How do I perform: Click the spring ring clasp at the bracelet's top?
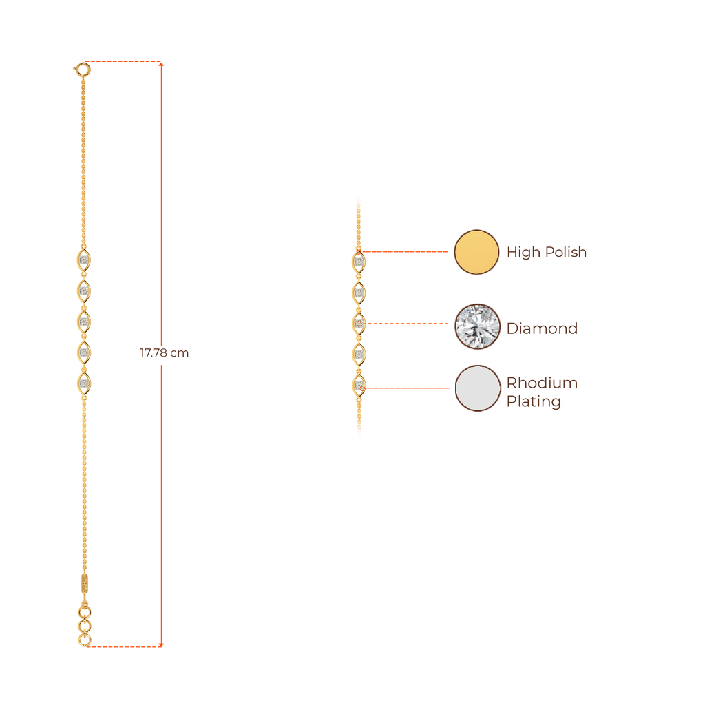pyautogui.click(x=83, y=68)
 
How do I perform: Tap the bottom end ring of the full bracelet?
pyautogui.click(x=85, y=641)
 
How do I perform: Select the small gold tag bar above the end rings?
pyautogui.click(x=84, y=583)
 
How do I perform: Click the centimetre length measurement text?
pyautogui.click(x=165, y=354)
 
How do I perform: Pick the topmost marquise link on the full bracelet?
pyautogui.click(x=84, y=261)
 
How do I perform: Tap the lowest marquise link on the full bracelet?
pyautogui.click(x=84, y=382)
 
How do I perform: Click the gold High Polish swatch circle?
pyautogui.click(x=476, y=252)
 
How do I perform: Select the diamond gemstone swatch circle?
pyautogui.click(x=476, y=326)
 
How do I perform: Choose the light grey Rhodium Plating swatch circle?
pyautogui.click(x=477, y=388)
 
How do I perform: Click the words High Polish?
pyautogui.click(x=547, y=253)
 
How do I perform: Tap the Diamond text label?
pyautogui.click(x=542, y=328)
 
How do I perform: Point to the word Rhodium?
pyautogui.click(x=542, y=383)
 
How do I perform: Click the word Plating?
pyautogui.click(x=534, y=401)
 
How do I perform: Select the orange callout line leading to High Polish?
pyautogui.click(x=406, y=252)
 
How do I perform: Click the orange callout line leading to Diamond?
pyautogui.click(x=406, y=323)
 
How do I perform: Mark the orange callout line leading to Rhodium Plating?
pyautogui.click(x=406, y=388)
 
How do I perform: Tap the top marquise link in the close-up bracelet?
pyautogui.click(x=359, y=262)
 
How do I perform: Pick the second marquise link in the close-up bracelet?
pyautogui.click(x=359, y=293)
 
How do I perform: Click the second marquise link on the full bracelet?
pyautogui.click(x=84, y=291)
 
